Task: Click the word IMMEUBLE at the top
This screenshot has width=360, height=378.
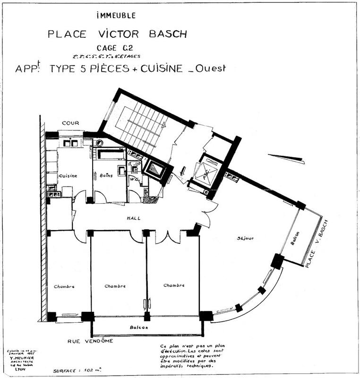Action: click(115, 16)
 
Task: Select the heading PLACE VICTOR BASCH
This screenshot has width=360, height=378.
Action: click(117, 34)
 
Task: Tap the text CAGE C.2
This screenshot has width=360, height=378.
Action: click(115, 48)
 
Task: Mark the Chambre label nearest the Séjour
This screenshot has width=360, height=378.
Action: click(173, 285)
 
